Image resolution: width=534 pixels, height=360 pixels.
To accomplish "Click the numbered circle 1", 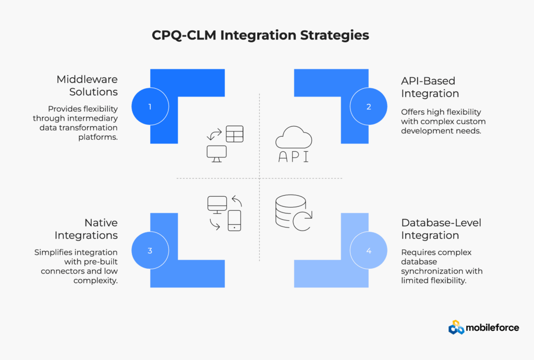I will [x=150, y=106].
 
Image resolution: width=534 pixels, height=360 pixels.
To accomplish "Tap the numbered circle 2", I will [x=369, y=106].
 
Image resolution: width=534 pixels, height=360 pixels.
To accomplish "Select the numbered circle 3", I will [x=150, y=250].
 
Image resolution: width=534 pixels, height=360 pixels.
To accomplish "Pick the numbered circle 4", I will [x=369, y=250].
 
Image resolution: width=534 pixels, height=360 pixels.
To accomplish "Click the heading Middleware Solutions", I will [x=87, y=86].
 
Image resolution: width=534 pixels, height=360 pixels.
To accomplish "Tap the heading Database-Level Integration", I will [x=441, y=229].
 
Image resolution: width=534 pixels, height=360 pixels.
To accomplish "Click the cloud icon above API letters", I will [x=294, y=138].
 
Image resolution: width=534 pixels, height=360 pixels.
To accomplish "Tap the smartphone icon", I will [x=234, y=220].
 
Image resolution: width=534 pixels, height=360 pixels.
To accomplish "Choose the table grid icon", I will [x=235, y=134].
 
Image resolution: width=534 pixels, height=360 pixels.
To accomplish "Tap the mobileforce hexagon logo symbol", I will [x=456, y=327].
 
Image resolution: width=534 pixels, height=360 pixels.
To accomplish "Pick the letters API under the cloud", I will [x=293, y=157].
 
